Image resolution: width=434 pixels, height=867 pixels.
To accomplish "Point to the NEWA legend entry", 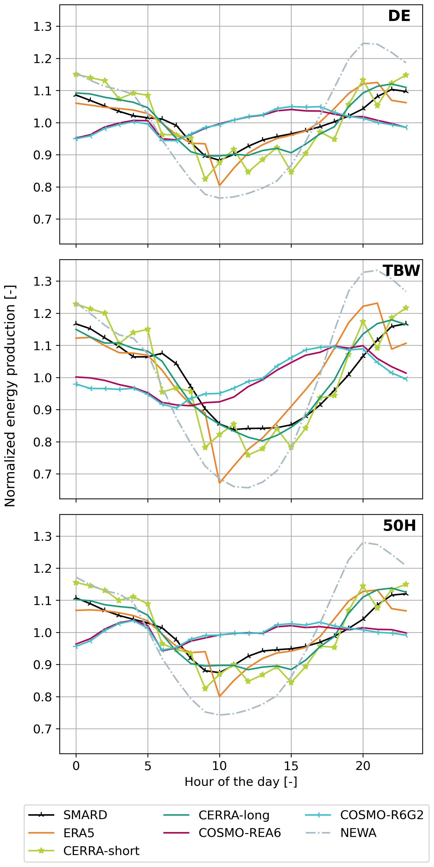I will (x=358, y=833).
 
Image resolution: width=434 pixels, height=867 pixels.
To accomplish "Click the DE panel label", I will (x=399, y=16).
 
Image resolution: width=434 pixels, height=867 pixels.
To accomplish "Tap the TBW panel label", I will (x=401, y=271).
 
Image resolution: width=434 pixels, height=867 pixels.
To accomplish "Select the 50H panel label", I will (x=399, y=525).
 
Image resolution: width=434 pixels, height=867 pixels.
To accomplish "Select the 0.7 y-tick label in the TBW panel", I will (x=42, y=474).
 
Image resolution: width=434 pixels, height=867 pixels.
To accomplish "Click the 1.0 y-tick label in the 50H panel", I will (x=42, y=633).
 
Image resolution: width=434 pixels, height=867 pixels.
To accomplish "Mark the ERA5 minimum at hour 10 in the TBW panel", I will (x=219, y=483).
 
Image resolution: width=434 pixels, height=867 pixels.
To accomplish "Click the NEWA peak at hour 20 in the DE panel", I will (x=363, y=43).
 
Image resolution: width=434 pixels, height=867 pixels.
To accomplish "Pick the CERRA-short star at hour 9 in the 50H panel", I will (x=205, y=689).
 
